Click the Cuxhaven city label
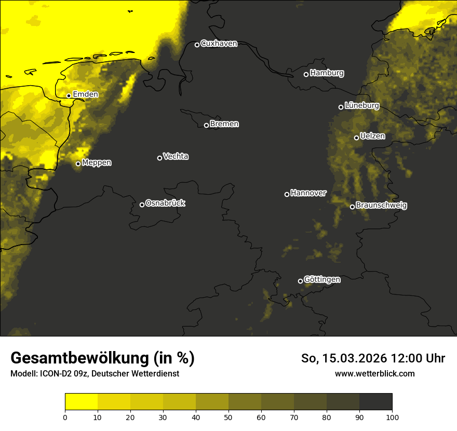coord(219,44)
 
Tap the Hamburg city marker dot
coord(306,74)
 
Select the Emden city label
coord(85,95)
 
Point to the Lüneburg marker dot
coord(341,107)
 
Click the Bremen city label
coord(224,125)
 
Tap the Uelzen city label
coord(372,137)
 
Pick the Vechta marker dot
coord(159,158)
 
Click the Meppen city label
coord(97,163)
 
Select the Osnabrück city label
coord(165,204)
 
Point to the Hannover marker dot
coord(287,194)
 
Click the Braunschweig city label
coord(381,206)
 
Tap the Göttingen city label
coord(322,280)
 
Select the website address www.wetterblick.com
coord(375,373)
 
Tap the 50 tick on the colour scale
coord(228,417)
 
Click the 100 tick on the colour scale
coord(392,417)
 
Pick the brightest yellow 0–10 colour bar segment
coord(81,402)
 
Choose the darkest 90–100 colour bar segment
coord(375,402)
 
